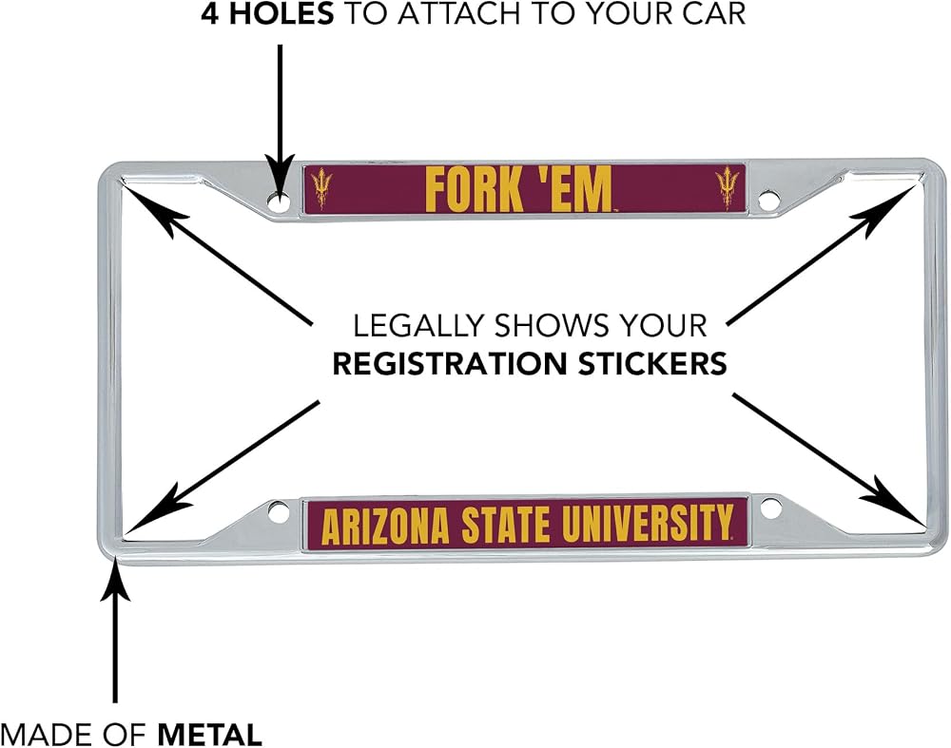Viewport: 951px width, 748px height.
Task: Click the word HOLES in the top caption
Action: point(281,14)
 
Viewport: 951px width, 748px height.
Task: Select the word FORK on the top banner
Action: point(475,189)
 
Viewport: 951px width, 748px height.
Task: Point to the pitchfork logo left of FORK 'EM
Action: point(320,188)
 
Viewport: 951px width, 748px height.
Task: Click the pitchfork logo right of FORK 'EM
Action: point(726,188)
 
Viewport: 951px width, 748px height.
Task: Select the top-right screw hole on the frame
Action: point(768,201)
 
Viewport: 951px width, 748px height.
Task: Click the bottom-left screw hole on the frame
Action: point(279,512)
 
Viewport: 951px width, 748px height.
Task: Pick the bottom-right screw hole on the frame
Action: point(771,508)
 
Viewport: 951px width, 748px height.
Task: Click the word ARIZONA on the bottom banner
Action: point(385,527)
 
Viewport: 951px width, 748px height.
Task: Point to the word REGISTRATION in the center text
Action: point(450,364)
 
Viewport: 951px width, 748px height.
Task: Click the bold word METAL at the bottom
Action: point(210,735)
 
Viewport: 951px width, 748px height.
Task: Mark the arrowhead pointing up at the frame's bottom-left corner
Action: point(115,579)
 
